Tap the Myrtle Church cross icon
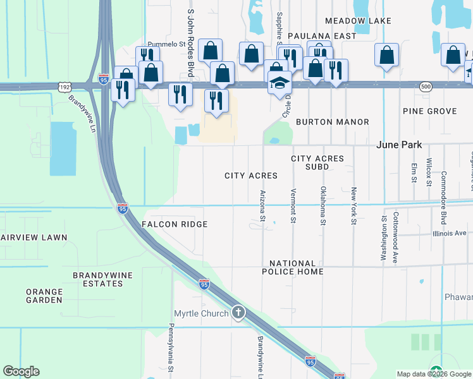click(238, 313)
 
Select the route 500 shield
click(426, 86)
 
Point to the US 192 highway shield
click(63, 86)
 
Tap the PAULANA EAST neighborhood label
click(322, 36)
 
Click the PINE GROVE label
click(429, 111)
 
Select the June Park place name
click(398, 145)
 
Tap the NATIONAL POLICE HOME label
click(296, 267)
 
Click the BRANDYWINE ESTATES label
click(97, 279)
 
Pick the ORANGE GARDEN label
click(44, 296)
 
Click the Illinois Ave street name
click(450, 233)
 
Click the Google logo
click(21, 371)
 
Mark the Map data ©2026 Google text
click(433, 374)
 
